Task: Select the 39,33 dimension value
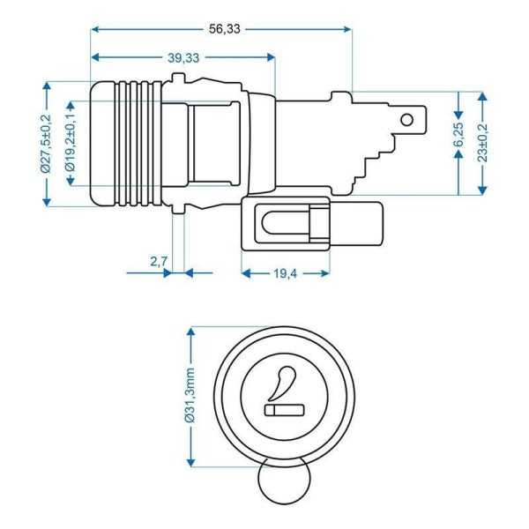[183, 57]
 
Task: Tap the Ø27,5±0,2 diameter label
[46, 143]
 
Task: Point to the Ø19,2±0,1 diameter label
[71, 143]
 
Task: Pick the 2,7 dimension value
[160, 261]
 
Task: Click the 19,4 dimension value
[284, 273]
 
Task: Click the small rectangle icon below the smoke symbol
[284, 410]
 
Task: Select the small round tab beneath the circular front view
[283, 485]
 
